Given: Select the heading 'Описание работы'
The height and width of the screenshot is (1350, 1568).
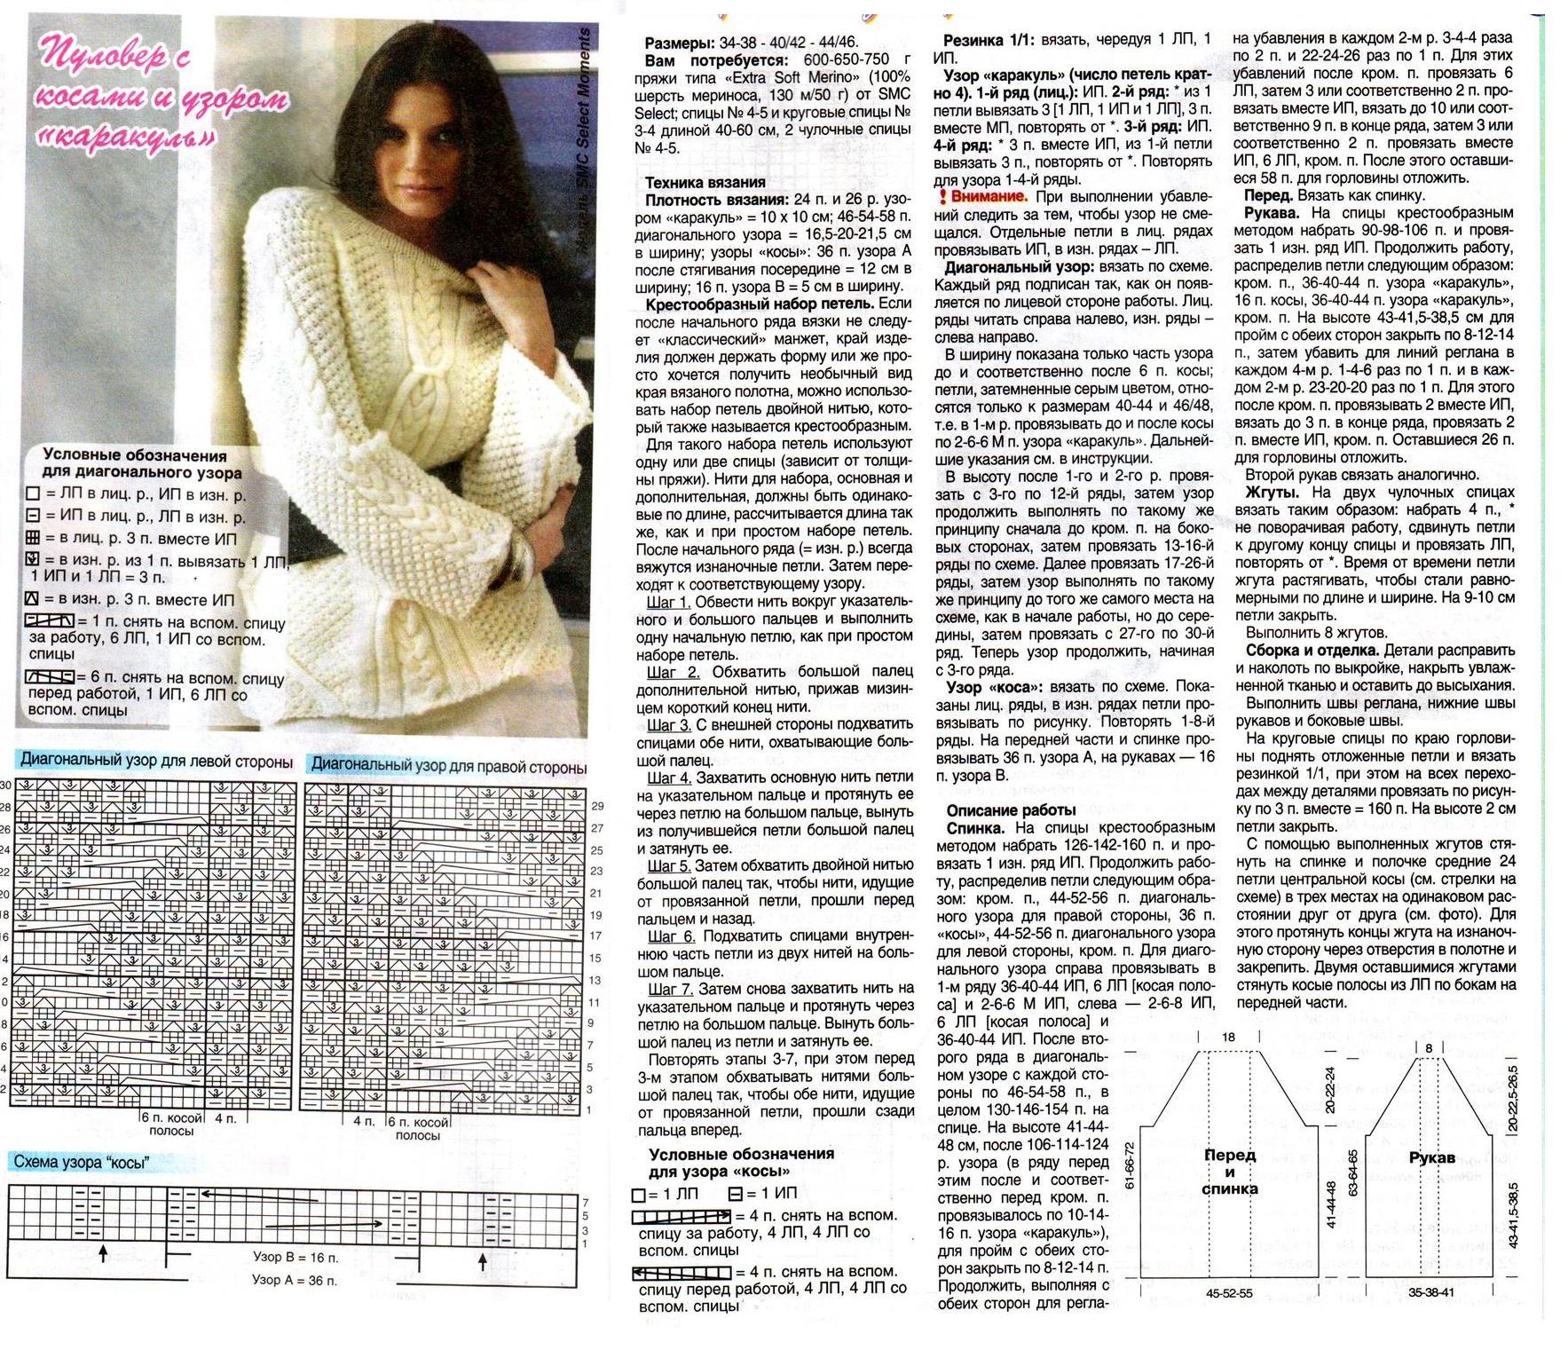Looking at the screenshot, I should point(1011,809).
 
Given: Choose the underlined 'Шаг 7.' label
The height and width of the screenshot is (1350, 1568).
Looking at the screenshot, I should point(671,989).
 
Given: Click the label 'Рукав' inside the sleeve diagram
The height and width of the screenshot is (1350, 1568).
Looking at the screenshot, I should point(1431,1157).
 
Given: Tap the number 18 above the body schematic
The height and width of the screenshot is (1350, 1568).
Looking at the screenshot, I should point(1228,1037).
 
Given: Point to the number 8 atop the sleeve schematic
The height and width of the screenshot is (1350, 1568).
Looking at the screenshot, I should point(1429,1048).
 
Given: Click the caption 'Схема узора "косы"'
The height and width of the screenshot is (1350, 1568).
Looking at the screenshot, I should point(80,1162).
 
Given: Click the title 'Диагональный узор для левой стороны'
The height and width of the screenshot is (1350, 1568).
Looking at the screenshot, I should point(156,762).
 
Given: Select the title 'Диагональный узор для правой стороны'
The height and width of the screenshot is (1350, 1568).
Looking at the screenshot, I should point(448,766).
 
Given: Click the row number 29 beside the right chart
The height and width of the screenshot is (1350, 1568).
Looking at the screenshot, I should point(596,806).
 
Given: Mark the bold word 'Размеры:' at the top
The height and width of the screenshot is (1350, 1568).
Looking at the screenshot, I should point(680,43).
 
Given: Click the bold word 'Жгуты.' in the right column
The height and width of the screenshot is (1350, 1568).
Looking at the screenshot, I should point(1272,492).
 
